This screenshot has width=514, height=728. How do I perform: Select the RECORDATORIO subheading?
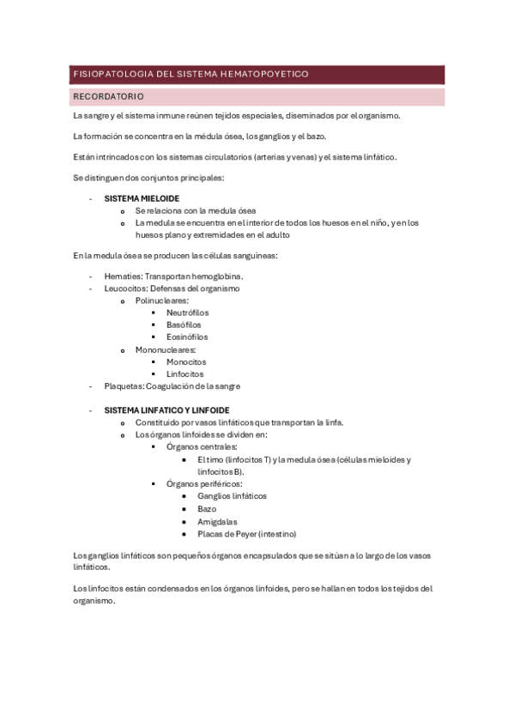click(109, 97)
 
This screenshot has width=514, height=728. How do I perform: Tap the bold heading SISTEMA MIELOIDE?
click(142, 198)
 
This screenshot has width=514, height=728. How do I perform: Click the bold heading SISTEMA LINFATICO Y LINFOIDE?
click(166, 410)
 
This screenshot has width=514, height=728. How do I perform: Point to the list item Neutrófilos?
click(187, 312)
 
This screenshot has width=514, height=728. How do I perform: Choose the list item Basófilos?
click(184, 325)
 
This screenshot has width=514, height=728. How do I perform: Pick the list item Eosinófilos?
click(187, 337)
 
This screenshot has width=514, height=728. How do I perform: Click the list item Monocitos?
click(185, 362)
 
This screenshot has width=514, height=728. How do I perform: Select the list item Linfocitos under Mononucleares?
click(184, 374)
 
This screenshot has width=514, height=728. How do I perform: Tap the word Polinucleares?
click(160, 300)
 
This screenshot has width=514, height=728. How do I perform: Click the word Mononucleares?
click(165, 349)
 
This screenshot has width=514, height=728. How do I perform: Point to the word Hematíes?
click(121, 276)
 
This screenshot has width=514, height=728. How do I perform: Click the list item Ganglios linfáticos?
click(232, 496)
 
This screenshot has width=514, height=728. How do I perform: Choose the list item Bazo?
click(207, 509)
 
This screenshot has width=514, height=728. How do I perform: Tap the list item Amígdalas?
click(216, 521)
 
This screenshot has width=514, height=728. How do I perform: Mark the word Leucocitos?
click(124, 288)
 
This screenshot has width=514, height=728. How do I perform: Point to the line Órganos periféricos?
click(204, 484)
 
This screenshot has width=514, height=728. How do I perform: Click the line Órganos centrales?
click(202, 447)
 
